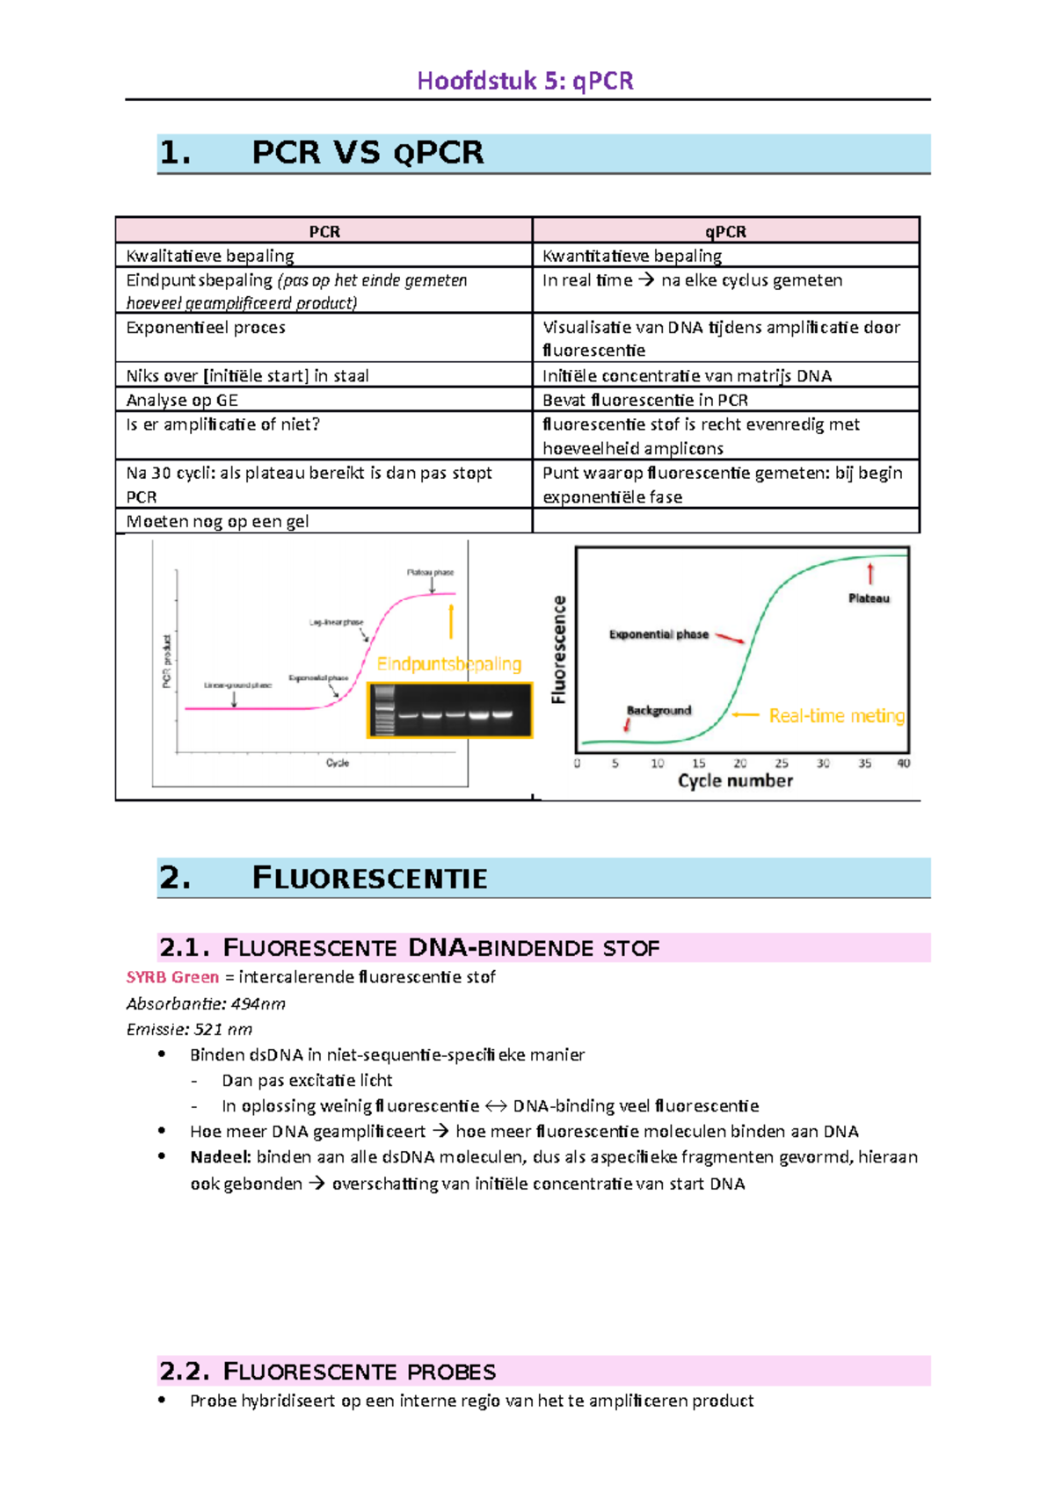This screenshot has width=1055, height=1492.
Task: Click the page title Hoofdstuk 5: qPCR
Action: pos(525,81)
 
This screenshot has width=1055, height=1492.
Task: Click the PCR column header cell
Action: pos(324,232)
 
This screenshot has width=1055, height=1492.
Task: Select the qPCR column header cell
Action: pos(725,232)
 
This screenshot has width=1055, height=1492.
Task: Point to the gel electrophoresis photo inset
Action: pos(450,710)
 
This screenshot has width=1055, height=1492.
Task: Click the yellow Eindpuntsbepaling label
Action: pos(449,664)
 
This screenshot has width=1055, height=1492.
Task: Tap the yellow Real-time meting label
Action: pos(836,716)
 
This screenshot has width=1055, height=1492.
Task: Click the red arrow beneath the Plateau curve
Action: pos(870,574)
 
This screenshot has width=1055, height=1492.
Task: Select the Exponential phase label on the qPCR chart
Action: pos(658,634)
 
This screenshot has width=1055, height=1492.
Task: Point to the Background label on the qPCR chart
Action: pos(658,710)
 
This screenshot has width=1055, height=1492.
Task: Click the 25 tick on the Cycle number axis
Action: pos(782,764)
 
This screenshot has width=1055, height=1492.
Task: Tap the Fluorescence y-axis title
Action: pos(559,649)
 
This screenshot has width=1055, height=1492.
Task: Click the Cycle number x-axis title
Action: pos(735,781)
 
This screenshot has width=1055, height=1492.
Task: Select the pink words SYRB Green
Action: pos(172,977)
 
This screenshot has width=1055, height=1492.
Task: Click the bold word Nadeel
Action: pos(221,1157)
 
